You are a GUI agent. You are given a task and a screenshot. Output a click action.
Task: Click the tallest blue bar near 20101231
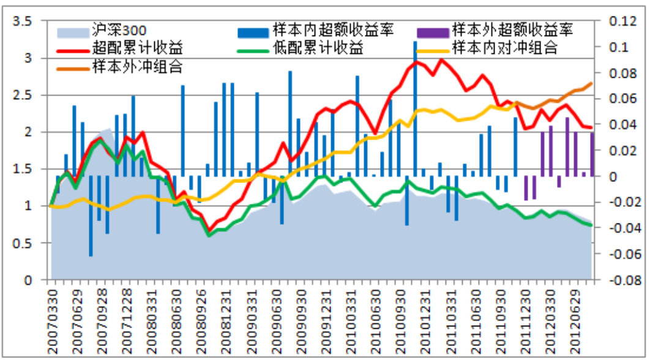pyautogui.click(x=415, y=110)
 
